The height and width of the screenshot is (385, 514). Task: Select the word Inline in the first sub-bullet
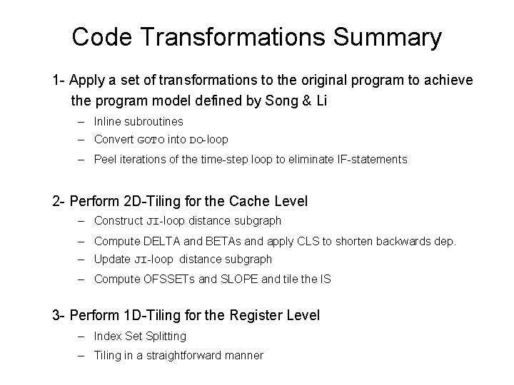pos(109,122)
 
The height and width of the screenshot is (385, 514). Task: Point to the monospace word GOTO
pos(150,140)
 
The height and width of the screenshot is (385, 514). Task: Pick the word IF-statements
pos(372,159)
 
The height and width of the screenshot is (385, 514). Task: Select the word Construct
pos(119,221)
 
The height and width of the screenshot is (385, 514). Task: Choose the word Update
pos(112,260)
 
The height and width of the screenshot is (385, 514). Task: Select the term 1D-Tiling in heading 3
pos(156,314)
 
